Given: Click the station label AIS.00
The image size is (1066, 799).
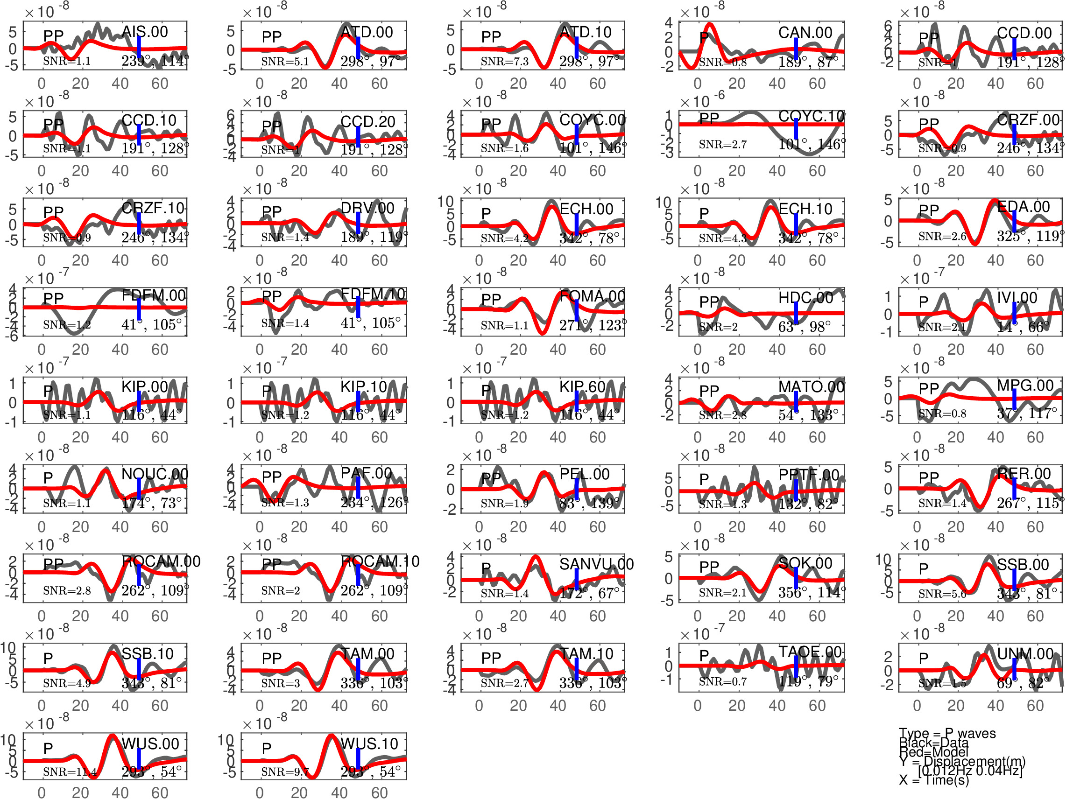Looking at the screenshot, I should [145, 32].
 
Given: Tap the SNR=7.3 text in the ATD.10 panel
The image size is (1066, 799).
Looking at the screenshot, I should [504, 62].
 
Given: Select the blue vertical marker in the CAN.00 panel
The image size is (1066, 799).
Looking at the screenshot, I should [796, 49].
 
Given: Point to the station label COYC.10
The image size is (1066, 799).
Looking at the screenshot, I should [812, 116].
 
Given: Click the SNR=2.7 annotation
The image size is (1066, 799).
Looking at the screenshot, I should [723, 145].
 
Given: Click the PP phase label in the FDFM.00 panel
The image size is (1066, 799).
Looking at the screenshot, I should [53, 299].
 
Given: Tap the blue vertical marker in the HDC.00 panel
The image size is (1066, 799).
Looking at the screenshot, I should [796, 313].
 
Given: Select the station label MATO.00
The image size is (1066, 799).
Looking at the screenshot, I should [812, 387].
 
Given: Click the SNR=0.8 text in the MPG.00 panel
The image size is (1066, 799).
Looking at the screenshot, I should [942, 414].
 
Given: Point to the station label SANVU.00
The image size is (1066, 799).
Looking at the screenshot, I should [596, 564].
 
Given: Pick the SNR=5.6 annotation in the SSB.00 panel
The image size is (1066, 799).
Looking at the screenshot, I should [942, 594].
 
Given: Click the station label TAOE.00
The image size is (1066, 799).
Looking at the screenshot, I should [810, 652].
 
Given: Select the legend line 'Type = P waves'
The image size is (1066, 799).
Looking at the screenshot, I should [947, 734].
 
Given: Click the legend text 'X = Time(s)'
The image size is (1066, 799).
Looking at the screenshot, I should [933, 780].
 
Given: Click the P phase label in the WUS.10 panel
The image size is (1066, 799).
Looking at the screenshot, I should [267, 749].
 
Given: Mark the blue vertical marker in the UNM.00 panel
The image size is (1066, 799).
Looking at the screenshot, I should [1015, 668].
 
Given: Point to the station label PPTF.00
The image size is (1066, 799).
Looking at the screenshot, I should [809, 475].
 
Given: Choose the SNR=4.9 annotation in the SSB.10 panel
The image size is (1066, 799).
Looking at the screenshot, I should [66, 683].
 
